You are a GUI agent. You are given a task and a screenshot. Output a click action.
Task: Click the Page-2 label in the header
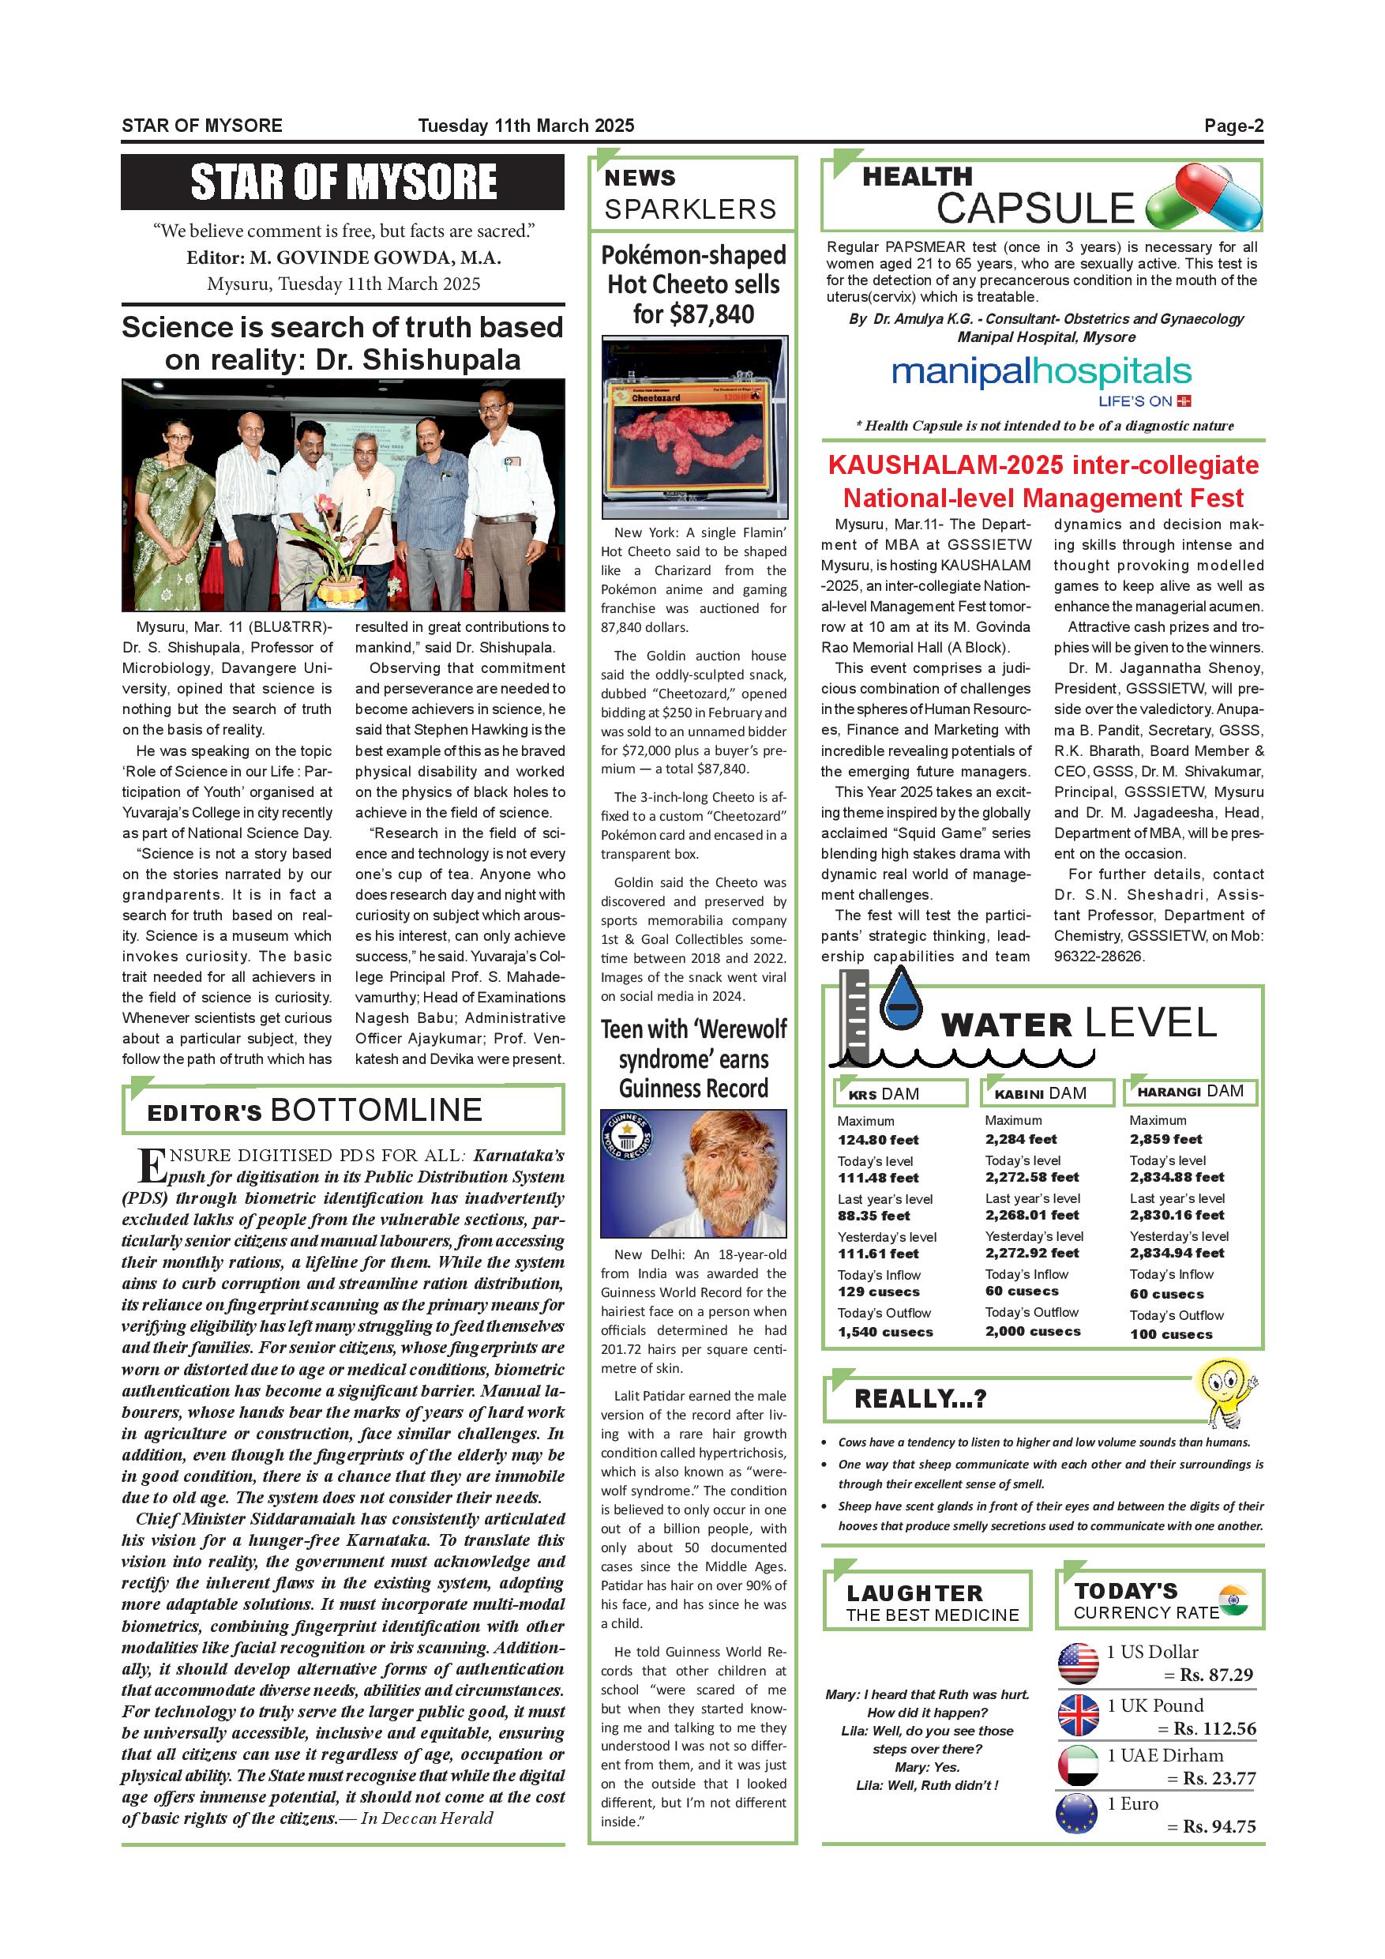[1233, 126]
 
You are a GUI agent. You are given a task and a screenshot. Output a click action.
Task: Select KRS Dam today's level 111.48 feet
[877, 1179]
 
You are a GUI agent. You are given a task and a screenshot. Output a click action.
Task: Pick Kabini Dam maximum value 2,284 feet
[1020, 1139]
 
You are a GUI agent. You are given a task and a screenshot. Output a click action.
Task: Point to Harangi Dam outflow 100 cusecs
[1170, 1334]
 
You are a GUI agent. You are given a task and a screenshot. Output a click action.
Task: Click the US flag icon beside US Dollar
[1078, 1663]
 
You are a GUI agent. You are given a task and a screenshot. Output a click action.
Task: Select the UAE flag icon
[1078, 1765]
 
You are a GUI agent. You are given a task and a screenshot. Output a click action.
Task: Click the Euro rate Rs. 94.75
[1218, 1827]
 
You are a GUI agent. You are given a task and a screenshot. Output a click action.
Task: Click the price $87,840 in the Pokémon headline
[693, 315]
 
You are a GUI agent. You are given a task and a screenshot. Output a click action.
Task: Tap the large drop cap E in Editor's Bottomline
[151, 1164]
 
